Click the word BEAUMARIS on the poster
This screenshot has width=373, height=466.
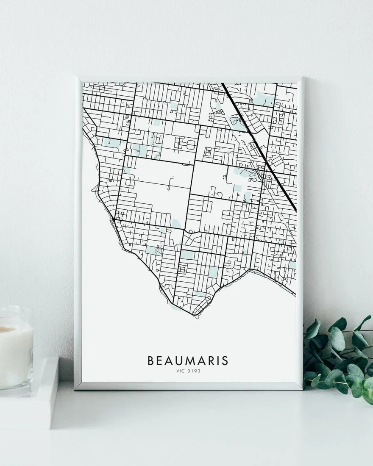pyautogui.click(x=188, y=361)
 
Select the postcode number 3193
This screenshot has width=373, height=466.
pyautogui.click(x=195, y=371)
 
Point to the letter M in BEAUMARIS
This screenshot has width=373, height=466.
pyautogui.click(x=189, y=361)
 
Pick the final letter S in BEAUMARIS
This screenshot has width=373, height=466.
pyautogui.click(x=225, y=361)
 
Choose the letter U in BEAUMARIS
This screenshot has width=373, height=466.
pyautogui.click(x=178, y=361)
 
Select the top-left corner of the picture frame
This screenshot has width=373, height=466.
pyautogui.click(x=76, y=78)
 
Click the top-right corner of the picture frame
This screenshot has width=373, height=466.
pyautogui.click(x=303, y=78)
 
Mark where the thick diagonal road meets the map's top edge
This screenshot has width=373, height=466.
pyautogui.click(x=221, y=83)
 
